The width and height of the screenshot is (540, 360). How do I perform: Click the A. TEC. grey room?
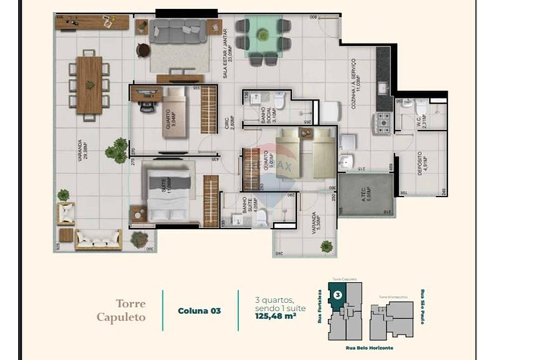coord(366,195)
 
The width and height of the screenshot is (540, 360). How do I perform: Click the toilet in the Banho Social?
coord(279,101)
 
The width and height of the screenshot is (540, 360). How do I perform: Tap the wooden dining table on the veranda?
coord(89,85)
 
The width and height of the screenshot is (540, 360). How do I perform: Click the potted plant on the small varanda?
coord(326,247)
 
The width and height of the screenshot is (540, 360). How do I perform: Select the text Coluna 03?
coord(199,310)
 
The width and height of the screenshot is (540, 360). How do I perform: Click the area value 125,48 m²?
coord(275,317)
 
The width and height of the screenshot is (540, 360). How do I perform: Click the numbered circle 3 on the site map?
coord(337,295)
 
